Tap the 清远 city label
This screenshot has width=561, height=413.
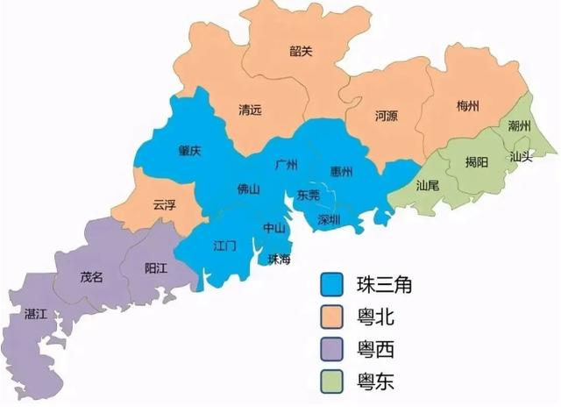(x=251, y=110)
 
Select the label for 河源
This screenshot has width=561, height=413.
(x=386, y=115)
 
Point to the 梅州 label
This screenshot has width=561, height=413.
(x=468, y=106)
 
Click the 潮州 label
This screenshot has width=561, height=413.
(x=520, y=126)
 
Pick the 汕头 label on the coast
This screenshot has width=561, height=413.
(x=521, y=157)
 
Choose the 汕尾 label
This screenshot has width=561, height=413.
(x=428, y=185)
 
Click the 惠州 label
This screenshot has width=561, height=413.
(x=342, y=168)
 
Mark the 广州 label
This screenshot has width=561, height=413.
(x=286, y=164)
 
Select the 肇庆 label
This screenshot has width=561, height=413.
(x=189, y=150)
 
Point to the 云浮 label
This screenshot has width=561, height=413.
(x=164, y=204)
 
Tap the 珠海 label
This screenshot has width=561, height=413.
(x=279, y=258)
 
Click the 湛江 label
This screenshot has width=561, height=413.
(x=37, y=313)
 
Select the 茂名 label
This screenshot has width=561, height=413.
(x=92, y=277)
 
